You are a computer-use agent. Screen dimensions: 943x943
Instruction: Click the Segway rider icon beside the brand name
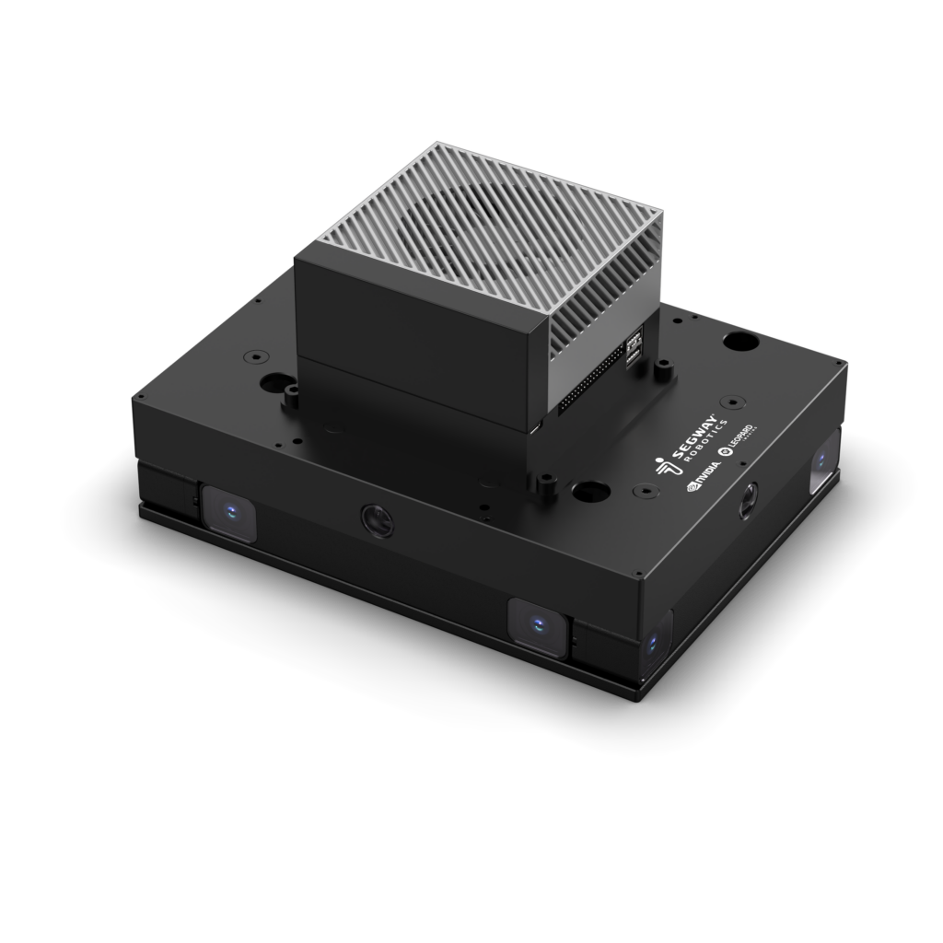pos(662,468)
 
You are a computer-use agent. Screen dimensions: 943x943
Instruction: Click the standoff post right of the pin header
pos(661,371)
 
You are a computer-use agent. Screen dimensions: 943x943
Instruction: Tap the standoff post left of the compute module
pos(292,396)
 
